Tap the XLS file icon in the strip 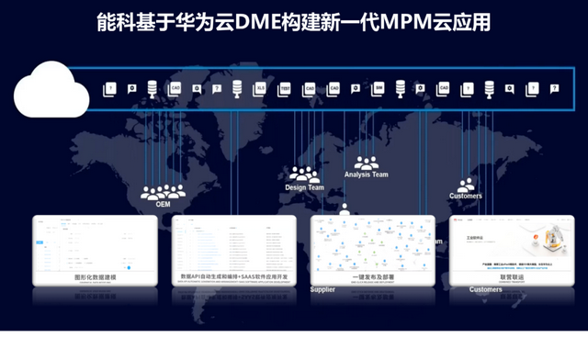(x=260, y=89)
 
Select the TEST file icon (x=284, y=89)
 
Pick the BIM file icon (x=378, y=89)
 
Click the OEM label (x=163, y=205)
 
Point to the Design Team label (x=304, y=187)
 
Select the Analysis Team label (x=366, y=174)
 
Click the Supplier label (x=322, y=289)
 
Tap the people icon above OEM (x=163, y=192)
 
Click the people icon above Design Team (x=303, y=173)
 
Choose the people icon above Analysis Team (x=366, y=162)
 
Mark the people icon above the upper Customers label (x=466, y=185)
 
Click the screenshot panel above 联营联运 (x=510, y=242)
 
